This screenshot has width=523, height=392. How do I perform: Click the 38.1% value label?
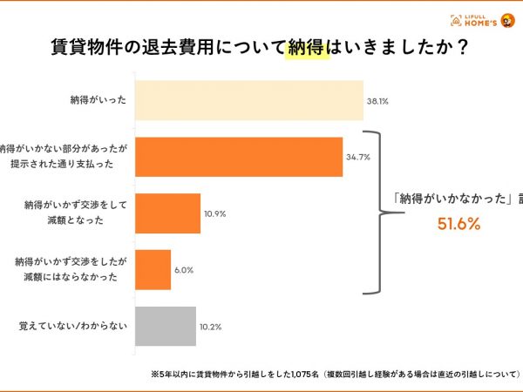pyautogui.click(x=377, y=102)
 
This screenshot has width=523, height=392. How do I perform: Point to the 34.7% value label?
pyautogui.click(x=357, y=158)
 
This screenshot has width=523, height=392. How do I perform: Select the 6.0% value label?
pyautogui.click(x=183, y=271)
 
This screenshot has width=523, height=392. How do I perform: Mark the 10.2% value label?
pyautogui.click(x=211, y=327)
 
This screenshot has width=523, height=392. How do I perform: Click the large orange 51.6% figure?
pyautogui.click(x=458, y=225)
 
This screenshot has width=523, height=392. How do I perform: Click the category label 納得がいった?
pyautogui.click(x=98, y=101)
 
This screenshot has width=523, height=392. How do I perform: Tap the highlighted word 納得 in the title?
pyautogui.click(x=308, y=49)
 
